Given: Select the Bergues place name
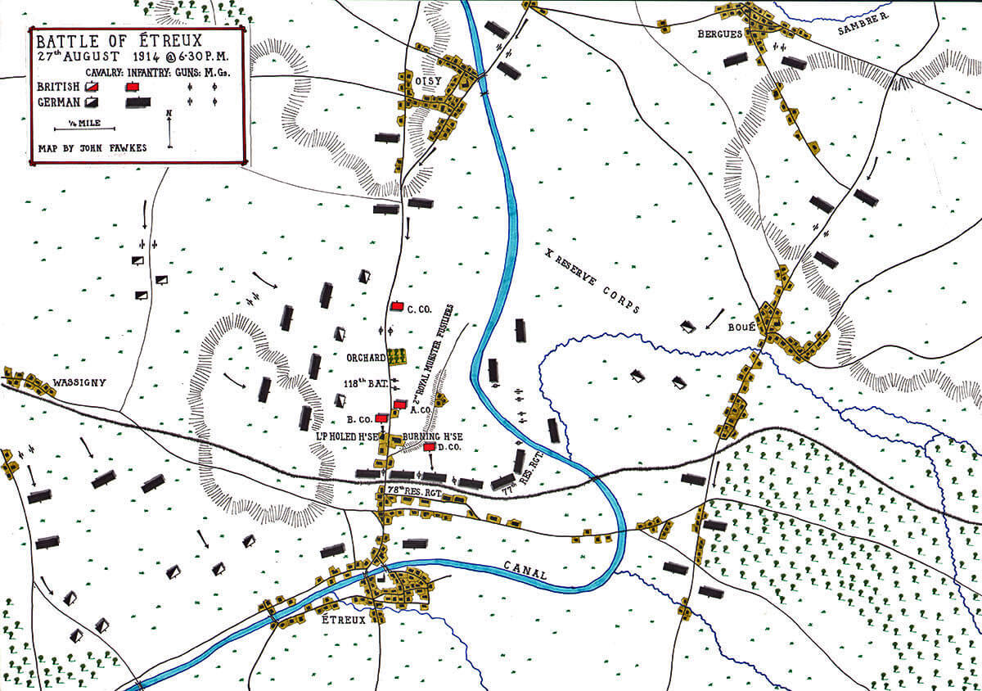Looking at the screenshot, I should coord(719,34).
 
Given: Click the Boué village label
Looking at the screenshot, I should coord(741,327).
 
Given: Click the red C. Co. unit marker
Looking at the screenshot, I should coord(398,305).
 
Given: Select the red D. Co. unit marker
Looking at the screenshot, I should coord(430,447).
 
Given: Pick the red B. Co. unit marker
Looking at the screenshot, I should coord(381,418).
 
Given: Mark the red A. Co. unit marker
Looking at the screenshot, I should coord(399,404).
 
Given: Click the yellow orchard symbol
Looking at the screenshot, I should coord(397,356).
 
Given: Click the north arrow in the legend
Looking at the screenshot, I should coord(169,129).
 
